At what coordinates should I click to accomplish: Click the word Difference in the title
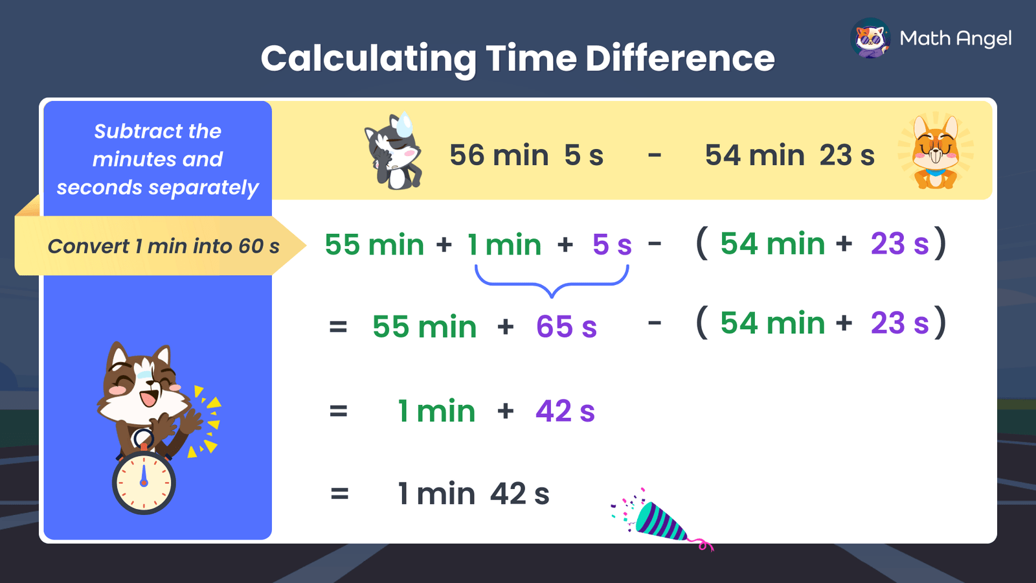680,58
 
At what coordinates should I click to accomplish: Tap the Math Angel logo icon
870,38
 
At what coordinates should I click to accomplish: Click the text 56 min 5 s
526,155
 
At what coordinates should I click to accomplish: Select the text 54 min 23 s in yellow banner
789,155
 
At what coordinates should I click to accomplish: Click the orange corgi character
936,153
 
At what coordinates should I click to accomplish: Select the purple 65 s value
566,327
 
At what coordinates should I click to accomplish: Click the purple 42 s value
565,411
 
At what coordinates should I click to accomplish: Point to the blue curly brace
552,282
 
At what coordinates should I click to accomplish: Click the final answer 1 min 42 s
473,494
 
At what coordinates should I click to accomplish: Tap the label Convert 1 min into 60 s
163,246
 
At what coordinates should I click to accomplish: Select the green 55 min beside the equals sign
424,327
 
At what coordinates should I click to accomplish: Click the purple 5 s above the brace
612,245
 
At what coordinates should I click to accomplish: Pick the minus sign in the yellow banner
655,155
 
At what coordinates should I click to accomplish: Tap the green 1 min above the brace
504,245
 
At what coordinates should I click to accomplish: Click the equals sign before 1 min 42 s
339,494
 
